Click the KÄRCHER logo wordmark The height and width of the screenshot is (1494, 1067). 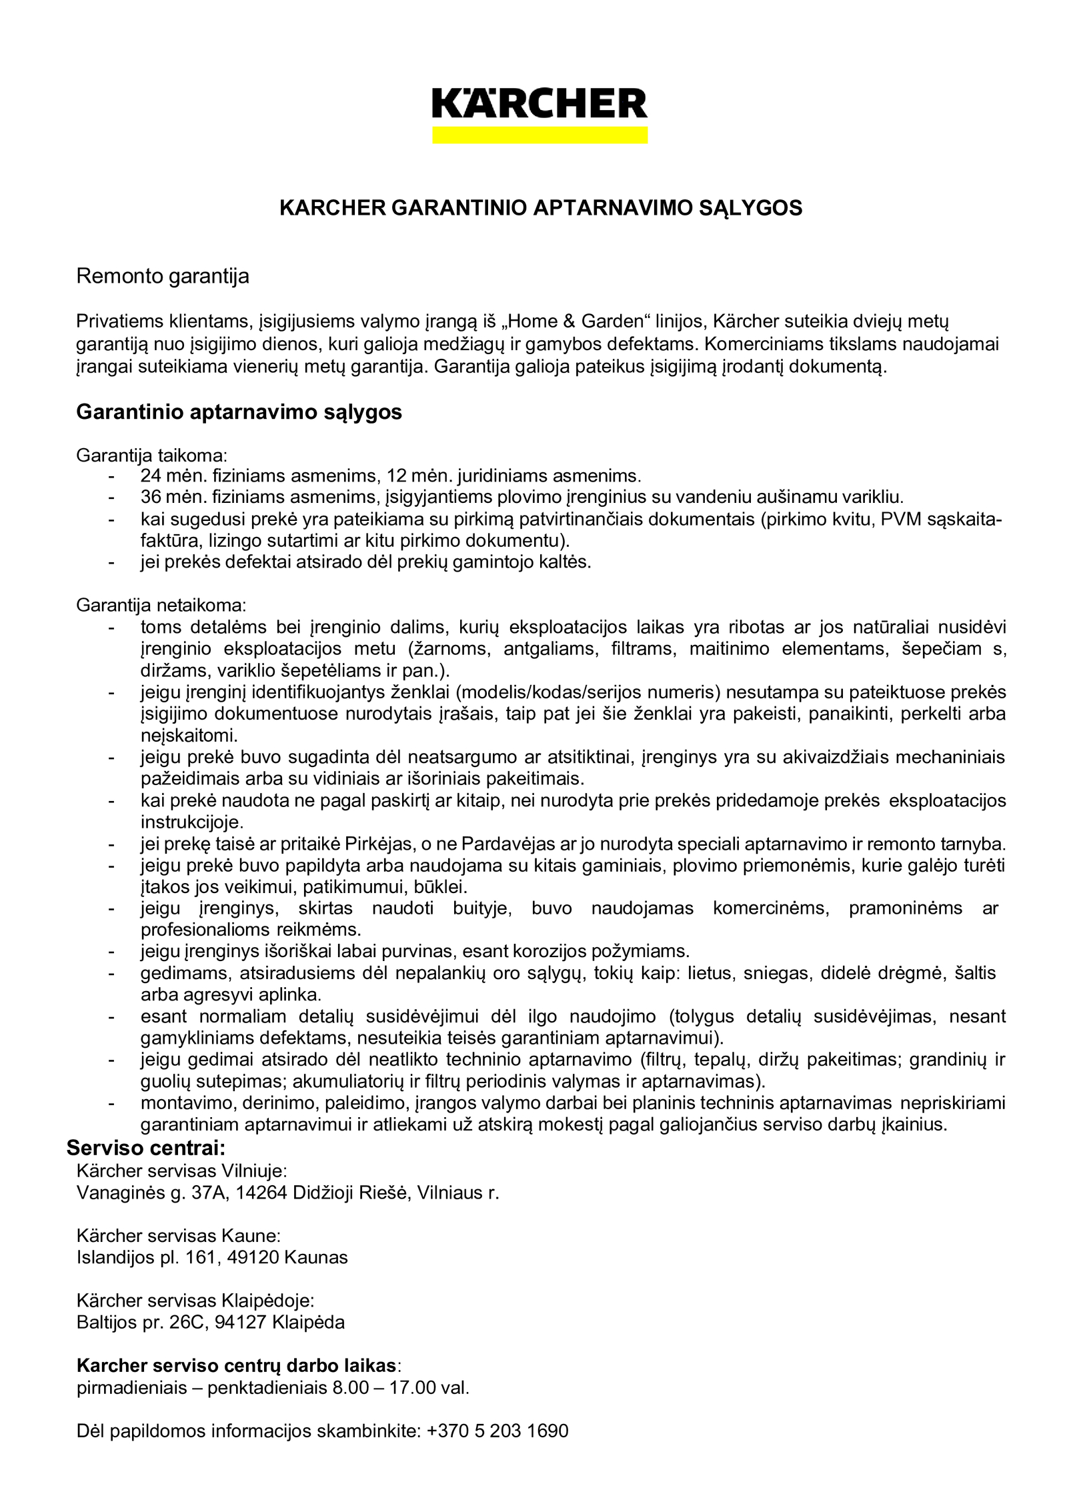click(x=540, y=104)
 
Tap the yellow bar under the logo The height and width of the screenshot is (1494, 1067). click(x=540, y=135)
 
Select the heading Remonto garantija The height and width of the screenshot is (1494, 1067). click(x=163, y=276)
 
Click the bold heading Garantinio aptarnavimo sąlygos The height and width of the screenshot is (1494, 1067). click(x=239, y=412)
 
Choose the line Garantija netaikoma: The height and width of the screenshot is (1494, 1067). click(x=161, y=606)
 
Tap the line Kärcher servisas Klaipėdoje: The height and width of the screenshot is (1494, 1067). click(x=195, y=1301)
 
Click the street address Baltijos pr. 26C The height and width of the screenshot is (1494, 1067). click(x=143, y=1323)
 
